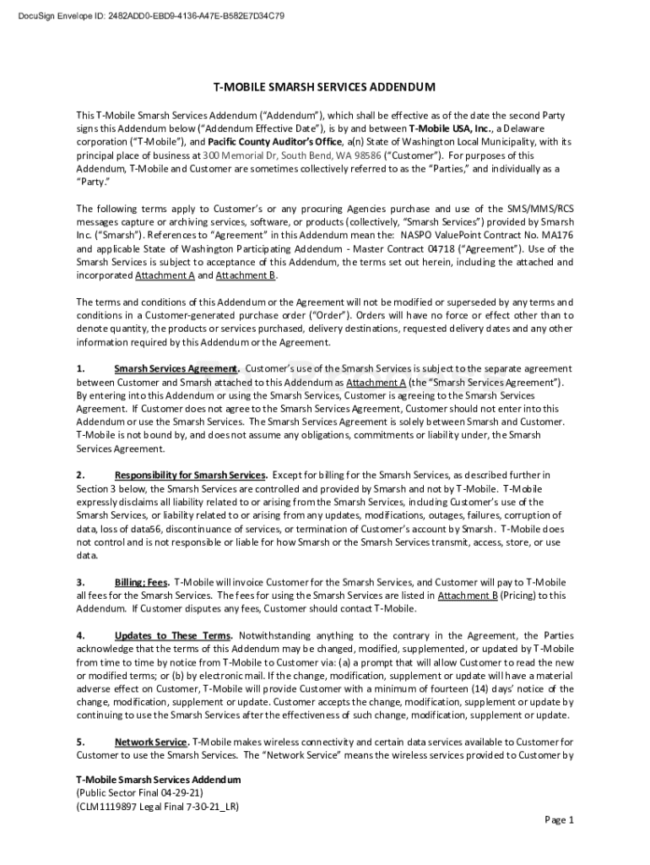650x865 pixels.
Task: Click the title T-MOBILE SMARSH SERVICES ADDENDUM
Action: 324,87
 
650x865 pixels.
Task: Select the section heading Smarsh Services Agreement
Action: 177,369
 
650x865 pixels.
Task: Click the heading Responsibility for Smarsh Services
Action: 191,475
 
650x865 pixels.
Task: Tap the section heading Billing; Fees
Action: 141,582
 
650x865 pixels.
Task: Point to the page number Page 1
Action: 559,820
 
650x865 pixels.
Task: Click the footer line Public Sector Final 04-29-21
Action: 139,793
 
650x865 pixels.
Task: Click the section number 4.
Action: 80,635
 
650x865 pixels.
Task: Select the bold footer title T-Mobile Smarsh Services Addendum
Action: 158,779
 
